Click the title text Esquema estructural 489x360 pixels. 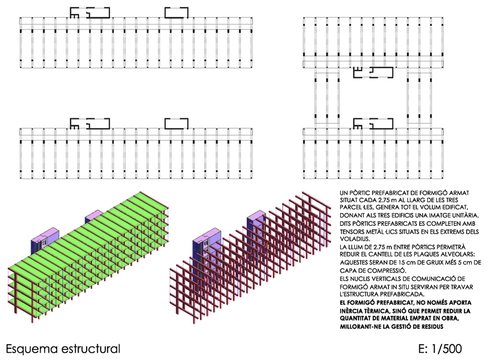63,349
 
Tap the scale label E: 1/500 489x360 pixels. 440,348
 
